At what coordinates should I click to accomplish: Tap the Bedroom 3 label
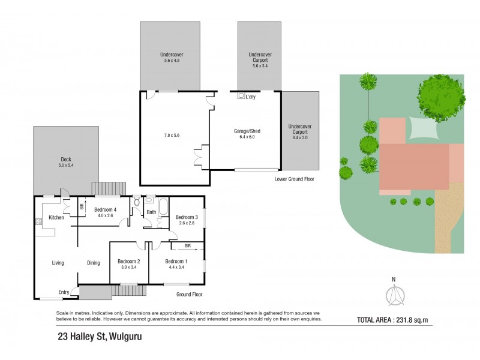(187, 217)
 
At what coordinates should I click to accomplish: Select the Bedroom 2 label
(128, 261)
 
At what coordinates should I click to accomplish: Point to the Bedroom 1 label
(176, 261)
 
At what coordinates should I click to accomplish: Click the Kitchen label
(56, 217)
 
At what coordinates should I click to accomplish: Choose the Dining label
(94, 263)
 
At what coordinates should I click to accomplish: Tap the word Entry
(64, 292)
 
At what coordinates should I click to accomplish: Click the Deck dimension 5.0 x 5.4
(66, 166)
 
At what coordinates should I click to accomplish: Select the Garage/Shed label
(247, 131)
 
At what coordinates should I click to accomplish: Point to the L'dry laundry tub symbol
(241, 96)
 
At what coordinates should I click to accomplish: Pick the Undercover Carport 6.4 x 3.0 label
(301, 132)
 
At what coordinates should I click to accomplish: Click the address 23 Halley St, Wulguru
(99, 337)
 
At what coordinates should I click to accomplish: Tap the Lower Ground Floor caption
(294, 179)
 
